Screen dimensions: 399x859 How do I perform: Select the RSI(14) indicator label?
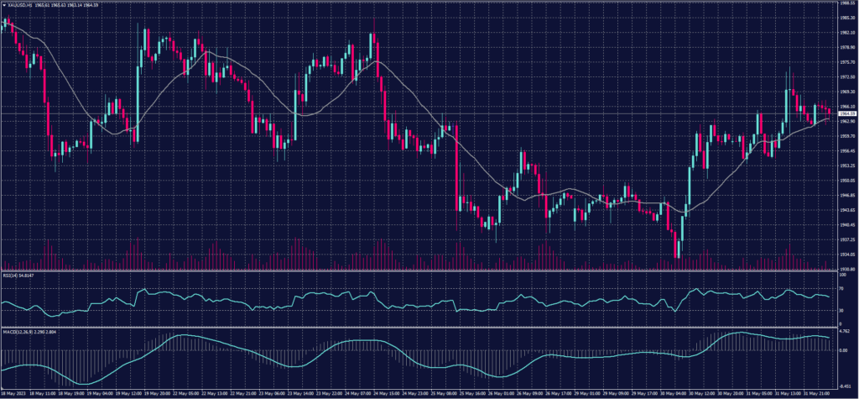12,275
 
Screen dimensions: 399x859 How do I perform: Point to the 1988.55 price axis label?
845,3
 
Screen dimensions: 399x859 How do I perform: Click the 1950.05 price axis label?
845,180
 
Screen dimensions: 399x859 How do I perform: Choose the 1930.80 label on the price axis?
845,269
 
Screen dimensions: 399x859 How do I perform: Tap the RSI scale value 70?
840,288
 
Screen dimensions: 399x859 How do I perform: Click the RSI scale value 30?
840,311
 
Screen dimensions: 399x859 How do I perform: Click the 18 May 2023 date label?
15,391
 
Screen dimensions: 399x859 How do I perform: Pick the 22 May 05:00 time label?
184,391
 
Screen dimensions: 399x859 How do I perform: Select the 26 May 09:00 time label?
532,391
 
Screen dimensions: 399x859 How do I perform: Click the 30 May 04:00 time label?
674,391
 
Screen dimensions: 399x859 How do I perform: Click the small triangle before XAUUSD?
3,5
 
